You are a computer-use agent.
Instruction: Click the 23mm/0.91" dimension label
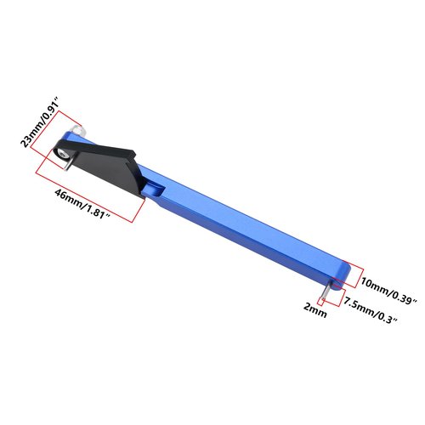click(x=40, y=122)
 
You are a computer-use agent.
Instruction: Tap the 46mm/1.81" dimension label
click(x=82, y=203)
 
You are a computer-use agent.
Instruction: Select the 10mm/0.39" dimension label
click(x=388, y=291)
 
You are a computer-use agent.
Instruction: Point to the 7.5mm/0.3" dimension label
click(x=371, y=309)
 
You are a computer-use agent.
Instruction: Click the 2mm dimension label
click(x=315, y=310)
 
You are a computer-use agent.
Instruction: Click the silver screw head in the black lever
click(x=62, y=153)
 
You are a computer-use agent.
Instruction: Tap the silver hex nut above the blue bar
click(x=78, y=131)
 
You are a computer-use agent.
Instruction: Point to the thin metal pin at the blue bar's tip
click(x=326, y=292)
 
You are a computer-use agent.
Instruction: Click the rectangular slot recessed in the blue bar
click(x=155, y=189)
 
